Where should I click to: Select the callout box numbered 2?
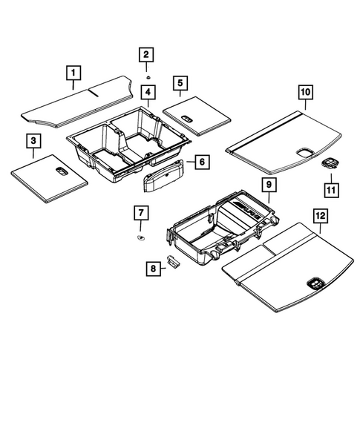(146, 53)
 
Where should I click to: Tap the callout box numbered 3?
(33, 140)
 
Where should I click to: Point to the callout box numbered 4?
(149, 93)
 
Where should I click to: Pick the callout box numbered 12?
(319, 216)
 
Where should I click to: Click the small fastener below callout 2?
(148, 76)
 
